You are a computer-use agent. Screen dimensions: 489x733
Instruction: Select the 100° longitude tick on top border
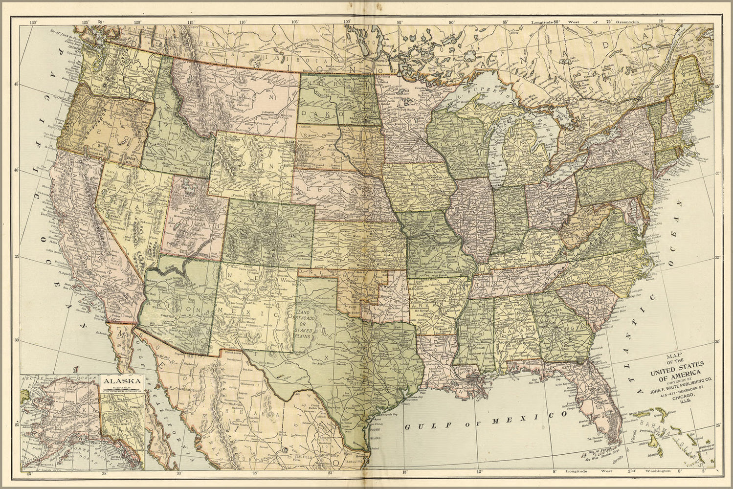[348, 22]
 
